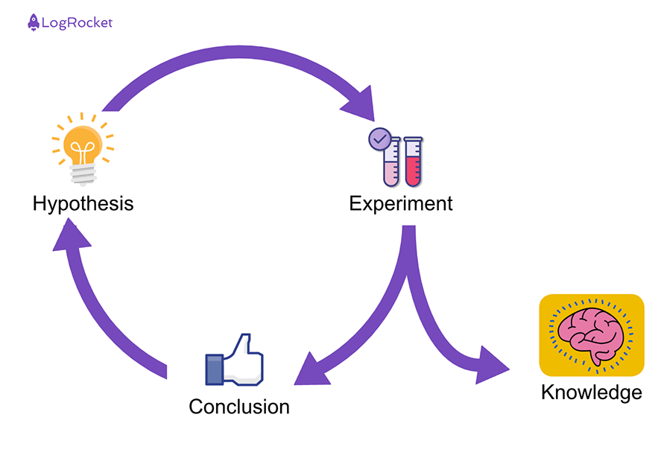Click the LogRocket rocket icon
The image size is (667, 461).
point(34,22)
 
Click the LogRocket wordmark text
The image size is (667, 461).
point(78,22)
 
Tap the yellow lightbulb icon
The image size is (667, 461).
point(83,146)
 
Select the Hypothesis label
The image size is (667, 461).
point(83,203)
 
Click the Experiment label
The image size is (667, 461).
point(401,203)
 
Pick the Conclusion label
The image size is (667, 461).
point(238,407)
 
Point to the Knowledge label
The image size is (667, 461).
point(591,392)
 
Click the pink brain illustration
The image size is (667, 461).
point(591,334)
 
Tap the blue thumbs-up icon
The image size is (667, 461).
point(235,360)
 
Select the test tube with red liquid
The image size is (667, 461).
point(412,162)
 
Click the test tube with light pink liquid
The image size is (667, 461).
point(391,162)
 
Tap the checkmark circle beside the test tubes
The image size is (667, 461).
point(379,139)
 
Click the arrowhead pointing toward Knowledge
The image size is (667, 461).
point(490,365)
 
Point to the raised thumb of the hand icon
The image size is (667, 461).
point(242,344)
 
